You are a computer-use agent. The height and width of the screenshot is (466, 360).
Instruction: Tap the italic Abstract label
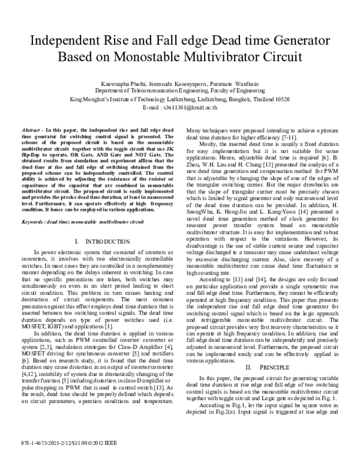pos(31,130)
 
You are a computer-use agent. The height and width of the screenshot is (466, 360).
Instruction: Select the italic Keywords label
pos(32,205)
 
